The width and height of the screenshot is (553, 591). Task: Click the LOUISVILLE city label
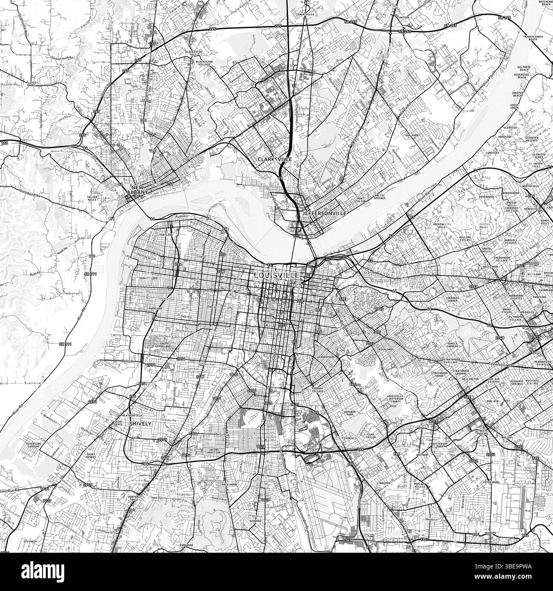(277, 275)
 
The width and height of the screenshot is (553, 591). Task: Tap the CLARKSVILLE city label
(275, 159)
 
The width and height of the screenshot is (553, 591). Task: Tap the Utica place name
(504, 58)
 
